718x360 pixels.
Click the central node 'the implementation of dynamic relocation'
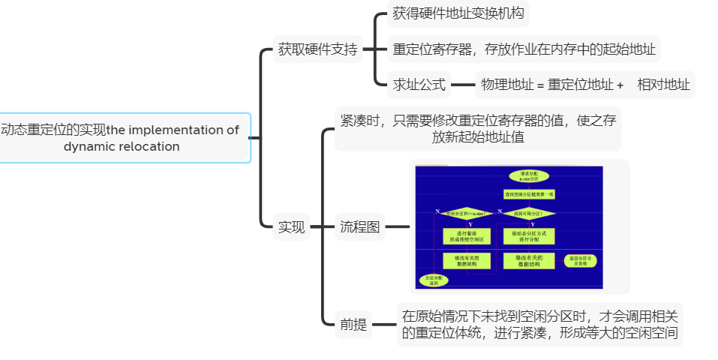click(x=120, y=138)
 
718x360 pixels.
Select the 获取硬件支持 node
click(x=317, y=50)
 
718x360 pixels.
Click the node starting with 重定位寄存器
click(x=524, y=50)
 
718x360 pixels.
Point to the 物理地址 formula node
click(x=585, y=85)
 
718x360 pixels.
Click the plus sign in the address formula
click(x=620, y=85)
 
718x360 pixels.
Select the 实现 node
click(x=292, y=226)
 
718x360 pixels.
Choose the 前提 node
click(x=353, y=325)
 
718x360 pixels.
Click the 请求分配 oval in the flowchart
click(x=529, y=175)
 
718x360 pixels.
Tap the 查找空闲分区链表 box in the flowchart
click(x=529, y=194)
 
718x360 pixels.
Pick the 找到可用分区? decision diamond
click(x=529, y=213)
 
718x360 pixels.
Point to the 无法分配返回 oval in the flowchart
click(x=434, y=280)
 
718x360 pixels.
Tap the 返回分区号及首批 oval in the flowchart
click(x=581, y=261)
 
